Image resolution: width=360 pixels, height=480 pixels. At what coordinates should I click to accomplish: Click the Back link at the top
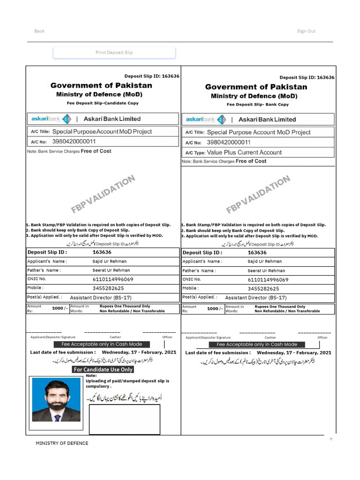39,31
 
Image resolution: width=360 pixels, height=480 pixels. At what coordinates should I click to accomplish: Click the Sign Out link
306,31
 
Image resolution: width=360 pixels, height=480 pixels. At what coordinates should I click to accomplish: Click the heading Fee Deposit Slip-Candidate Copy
103,103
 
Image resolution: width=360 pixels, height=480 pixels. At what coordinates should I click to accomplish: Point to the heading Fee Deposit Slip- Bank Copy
257,105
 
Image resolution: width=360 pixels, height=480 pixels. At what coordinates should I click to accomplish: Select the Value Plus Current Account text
244,152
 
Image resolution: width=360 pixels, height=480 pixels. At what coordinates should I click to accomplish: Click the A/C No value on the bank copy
229,142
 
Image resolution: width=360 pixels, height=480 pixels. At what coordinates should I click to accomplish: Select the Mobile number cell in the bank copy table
263,289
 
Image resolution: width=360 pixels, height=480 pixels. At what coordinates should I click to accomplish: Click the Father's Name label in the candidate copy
44,270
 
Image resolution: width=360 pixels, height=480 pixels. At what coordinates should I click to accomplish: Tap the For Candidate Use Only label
103,369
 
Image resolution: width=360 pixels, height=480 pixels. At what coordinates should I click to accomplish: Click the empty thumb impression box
124,419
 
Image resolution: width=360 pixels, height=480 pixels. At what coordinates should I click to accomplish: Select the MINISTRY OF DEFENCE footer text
62,443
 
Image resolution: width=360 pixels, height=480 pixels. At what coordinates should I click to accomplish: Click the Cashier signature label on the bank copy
270,337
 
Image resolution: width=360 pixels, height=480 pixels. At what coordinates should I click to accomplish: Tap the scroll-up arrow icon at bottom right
330,439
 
